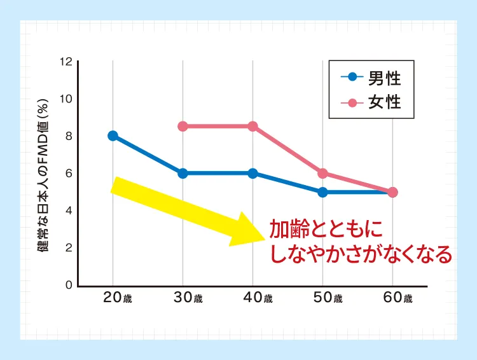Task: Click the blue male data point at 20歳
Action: [x=113, y=135]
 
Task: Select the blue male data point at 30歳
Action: [x=183, y=173]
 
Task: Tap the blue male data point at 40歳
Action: [x=252, y=173]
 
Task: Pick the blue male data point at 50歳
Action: [x=322, y=192]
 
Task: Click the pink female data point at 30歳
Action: [x=183, y=126]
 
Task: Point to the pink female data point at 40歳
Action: [x=252, y=126]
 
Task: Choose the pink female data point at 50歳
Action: [x=322, y=173]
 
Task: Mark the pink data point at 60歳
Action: [x=392, y=192]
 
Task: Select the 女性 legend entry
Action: [x=372, y=102]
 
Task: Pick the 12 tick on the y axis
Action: [x=66, y=62]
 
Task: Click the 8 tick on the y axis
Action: [x=68, y=136]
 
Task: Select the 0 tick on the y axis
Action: [x=68, y=285]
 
